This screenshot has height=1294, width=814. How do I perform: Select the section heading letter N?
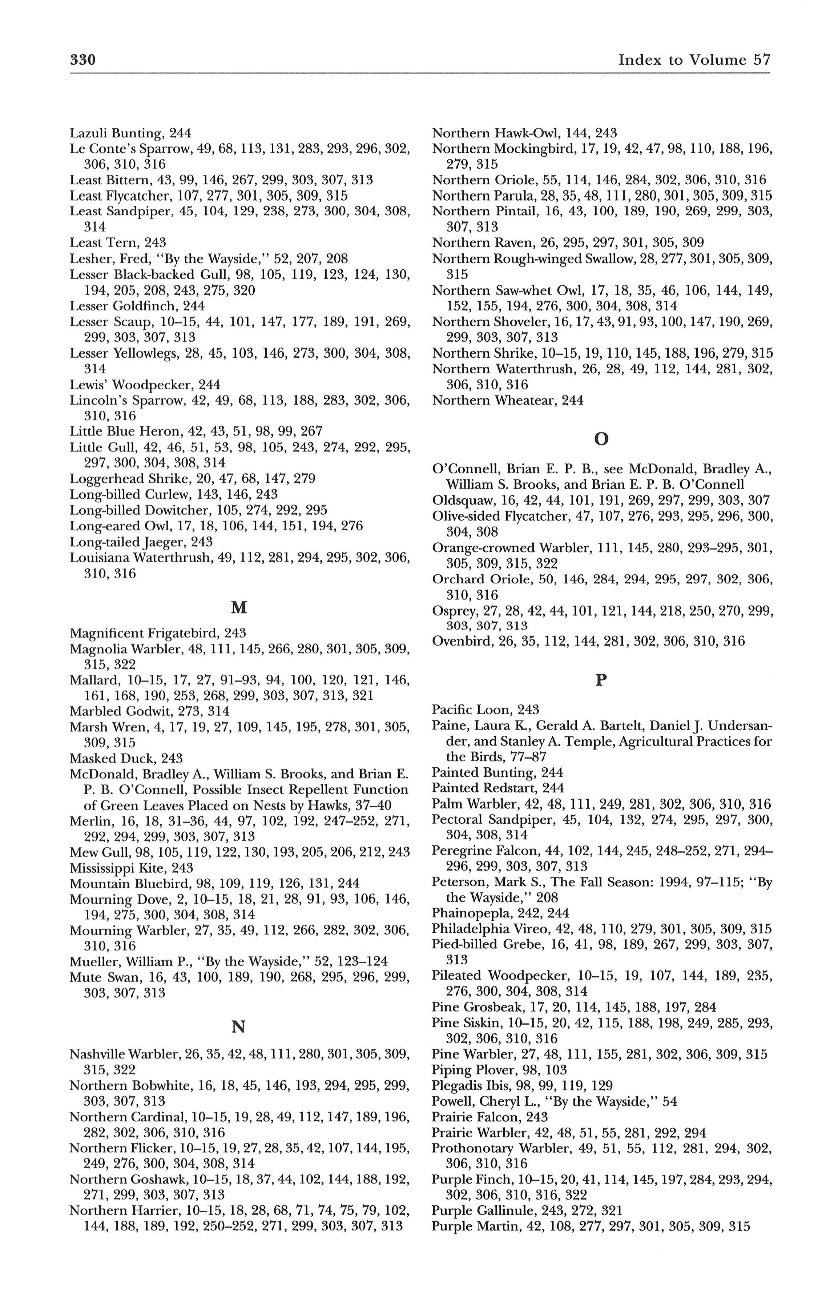coord(238,1027)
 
